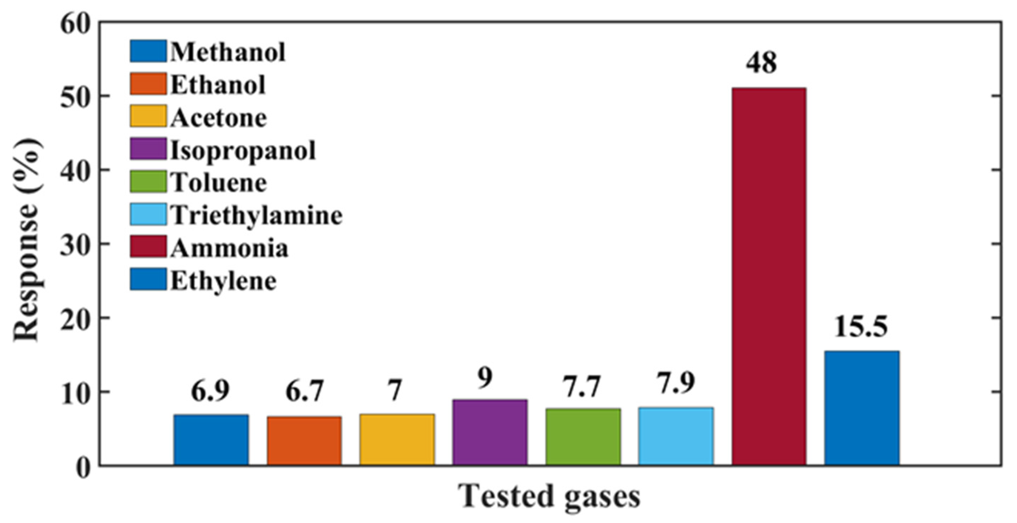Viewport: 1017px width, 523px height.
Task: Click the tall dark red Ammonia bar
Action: point(769,276)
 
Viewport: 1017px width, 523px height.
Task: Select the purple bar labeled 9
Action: point(490,432)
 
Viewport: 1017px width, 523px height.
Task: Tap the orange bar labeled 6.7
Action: point(304,441)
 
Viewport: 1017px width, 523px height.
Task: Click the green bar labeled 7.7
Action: point(583,437)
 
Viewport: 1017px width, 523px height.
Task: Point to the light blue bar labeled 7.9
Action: point(676,436)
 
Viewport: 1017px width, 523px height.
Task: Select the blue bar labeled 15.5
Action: point(862,408)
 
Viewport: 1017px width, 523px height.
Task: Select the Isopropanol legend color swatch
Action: point(148,149)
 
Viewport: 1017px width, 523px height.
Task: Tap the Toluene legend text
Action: point(219,182)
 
